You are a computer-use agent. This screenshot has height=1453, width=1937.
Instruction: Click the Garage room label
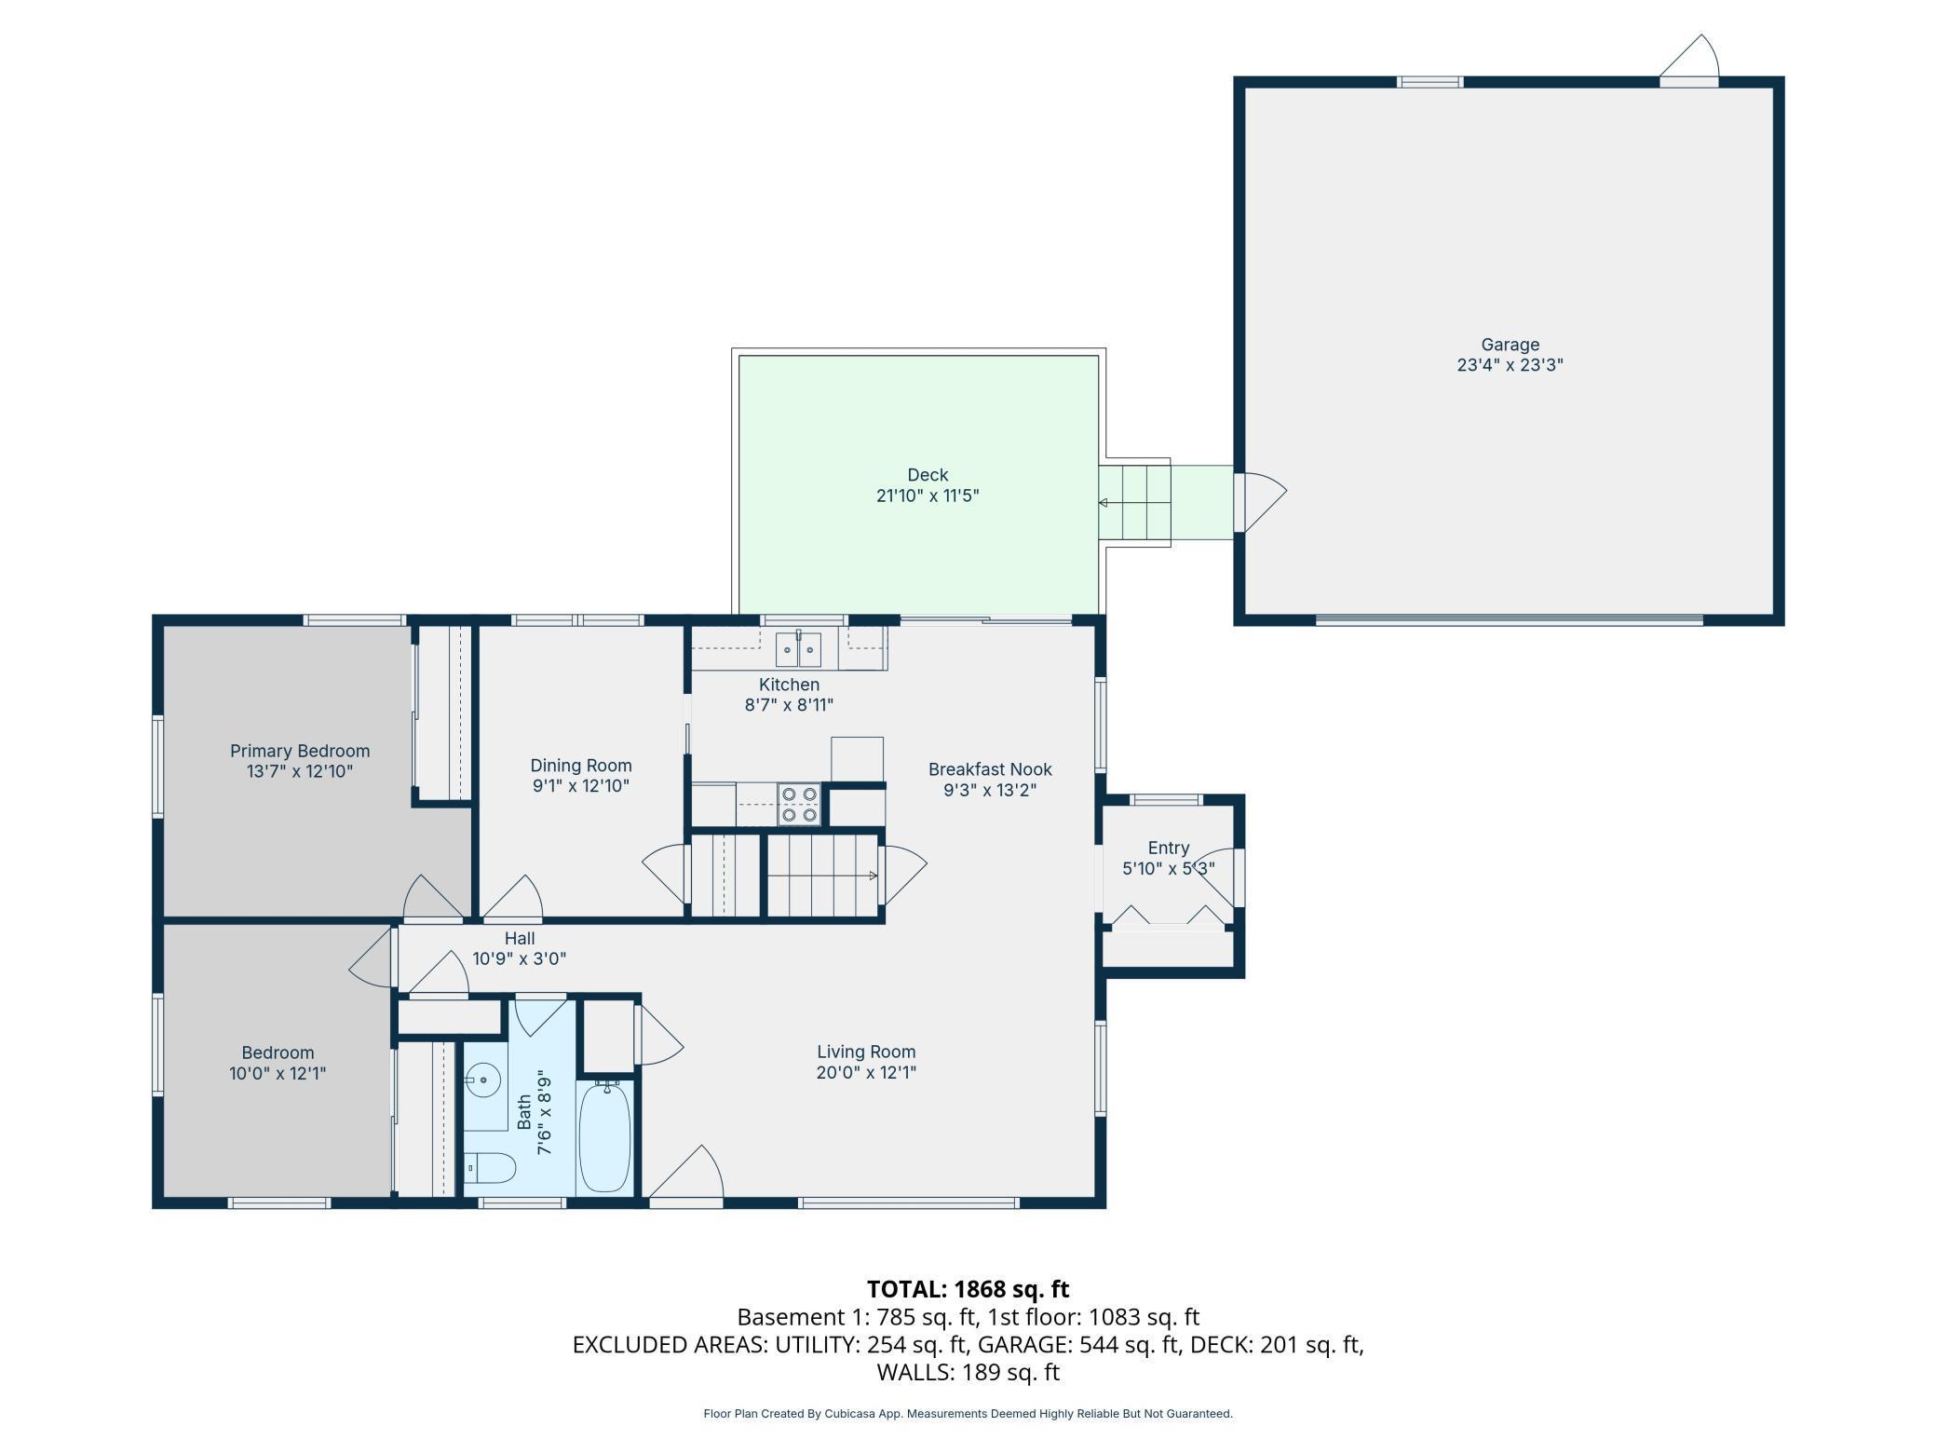click(x=1510, y=345)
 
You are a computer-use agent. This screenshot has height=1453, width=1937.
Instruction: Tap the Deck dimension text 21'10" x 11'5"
click(x=928, y=496)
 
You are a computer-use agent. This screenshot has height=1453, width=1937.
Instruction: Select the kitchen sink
click(x=799, y=649)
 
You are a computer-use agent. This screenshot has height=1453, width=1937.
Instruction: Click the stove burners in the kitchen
click(x=799, y=805)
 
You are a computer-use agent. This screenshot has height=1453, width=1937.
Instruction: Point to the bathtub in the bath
click(x=605, y=1137)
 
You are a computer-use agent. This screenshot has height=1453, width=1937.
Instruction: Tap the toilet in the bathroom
click(x=490, y=1168)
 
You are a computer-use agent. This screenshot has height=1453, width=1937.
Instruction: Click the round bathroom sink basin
click(x=482, y=1081)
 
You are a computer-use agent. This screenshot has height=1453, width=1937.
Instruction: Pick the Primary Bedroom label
click(x=300, y=751)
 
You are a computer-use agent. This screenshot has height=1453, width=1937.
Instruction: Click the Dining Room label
click(x=581, y=766)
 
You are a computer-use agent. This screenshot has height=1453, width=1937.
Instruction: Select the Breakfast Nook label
click(x=990, y=769)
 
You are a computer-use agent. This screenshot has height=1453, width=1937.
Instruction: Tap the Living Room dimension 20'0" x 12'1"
click(x=866, y=1072)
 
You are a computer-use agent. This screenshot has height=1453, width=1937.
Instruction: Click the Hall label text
click(x=520, y=938)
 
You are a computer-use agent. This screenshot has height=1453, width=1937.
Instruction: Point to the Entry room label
click(x=1168, y=848)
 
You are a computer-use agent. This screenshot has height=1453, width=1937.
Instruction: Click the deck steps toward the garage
click(x=1134, y=503)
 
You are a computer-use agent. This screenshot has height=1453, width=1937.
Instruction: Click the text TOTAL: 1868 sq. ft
click(x=968, y=1289)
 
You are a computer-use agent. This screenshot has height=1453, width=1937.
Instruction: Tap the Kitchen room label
click(x=789, y=685)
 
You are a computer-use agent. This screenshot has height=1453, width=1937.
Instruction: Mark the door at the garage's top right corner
click(x=1689, y=61)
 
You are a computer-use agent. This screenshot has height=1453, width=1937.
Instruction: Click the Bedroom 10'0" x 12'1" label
click(x=278, y=1063)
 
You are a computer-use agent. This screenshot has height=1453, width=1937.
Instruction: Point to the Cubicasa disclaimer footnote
click(x=968, y=1413)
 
